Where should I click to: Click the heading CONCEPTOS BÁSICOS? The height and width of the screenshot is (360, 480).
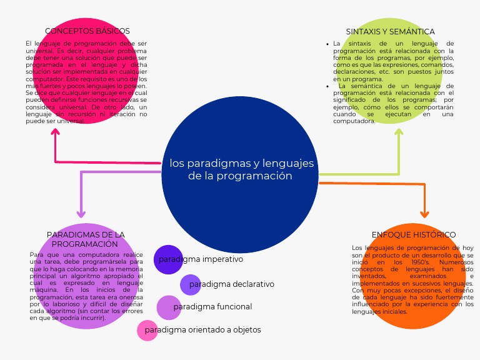pos(87,31)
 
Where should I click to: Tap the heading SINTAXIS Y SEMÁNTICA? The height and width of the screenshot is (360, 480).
pos(390,31)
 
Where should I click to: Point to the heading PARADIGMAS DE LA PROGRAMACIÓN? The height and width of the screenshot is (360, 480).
pos(85,239)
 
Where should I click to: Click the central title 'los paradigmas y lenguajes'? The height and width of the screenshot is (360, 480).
pos(241,164)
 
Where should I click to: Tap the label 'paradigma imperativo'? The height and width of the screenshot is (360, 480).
pos(201,259)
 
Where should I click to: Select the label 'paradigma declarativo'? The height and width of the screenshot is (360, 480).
pos(231,284)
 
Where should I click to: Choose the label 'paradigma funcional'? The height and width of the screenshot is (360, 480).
pos(212,307)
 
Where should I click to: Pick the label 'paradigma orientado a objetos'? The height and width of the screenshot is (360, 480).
pos(202,329)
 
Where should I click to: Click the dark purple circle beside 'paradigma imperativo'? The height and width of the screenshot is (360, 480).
pos(167,259)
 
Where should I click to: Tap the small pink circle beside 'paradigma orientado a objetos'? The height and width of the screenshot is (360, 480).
pos(147,330)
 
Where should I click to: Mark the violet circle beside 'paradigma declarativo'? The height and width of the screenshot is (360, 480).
pos(190,284)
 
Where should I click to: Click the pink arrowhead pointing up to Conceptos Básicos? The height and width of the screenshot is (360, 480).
pos(56,132)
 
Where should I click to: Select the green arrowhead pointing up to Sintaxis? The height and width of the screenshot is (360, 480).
pos(399,132)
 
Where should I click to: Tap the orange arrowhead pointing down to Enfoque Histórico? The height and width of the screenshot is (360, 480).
pos(424,213)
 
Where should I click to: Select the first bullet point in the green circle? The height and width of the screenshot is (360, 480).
pos(327,44)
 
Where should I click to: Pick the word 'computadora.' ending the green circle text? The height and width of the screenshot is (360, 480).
pos(354,121)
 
